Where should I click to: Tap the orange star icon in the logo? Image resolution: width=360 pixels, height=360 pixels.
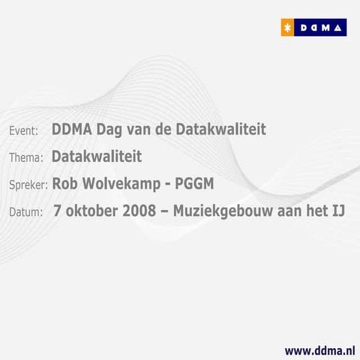[x=286, y=28]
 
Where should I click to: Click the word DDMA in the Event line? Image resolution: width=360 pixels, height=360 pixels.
[x=71, y=130]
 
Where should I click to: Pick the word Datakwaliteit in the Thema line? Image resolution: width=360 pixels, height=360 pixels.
[x=96, y=157]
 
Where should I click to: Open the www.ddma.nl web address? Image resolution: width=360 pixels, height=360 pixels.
[x=319, y=349]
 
